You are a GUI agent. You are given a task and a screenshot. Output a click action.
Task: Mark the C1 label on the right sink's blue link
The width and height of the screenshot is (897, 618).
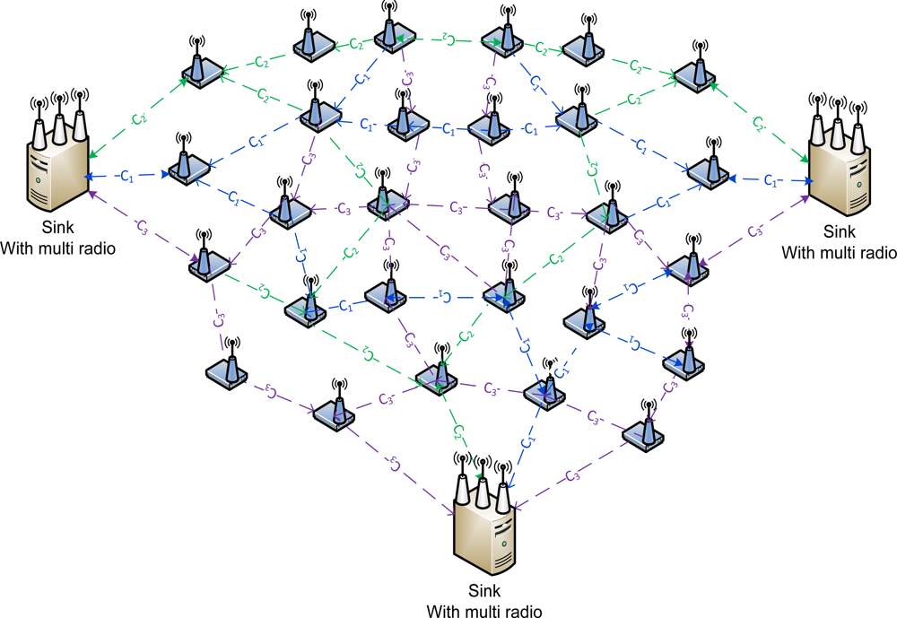click(x=771, y=181)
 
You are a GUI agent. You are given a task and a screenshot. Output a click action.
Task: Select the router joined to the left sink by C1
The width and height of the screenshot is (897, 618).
click(x=185, y=168)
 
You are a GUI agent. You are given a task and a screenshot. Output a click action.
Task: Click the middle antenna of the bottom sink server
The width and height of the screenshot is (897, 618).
click(x=483, y=480)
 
